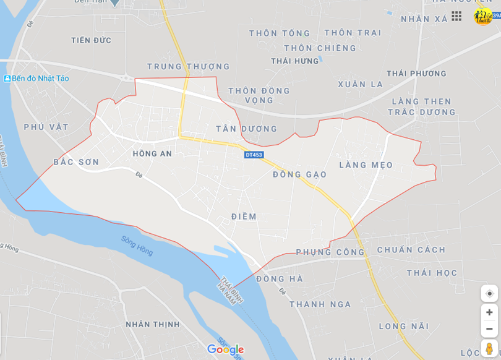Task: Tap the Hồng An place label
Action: tap(152, 153)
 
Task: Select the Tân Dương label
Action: tap(247, 129)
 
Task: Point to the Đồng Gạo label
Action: tap(300, 174)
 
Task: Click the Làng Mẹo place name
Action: tap(366, 165)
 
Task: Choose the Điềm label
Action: tap(244, 216)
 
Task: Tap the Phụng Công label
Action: tap(330, 252)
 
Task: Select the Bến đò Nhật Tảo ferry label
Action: tap(37, 79)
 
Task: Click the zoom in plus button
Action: tap(489, 312)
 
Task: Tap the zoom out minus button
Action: tap(489, 328)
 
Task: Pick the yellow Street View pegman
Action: tap(489, 349)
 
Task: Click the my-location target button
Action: tap(489, 293)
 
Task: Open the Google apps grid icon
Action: tap(456, 16)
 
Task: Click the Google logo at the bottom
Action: tap(225, 349)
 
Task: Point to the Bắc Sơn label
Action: tap(76, 162)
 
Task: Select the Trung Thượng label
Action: tap(189, 66)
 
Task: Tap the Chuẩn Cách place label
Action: tap(411, 250)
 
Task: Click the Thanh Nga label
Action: tap(320, 304)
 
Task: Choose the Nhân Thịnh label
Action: tap(153, 324)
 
